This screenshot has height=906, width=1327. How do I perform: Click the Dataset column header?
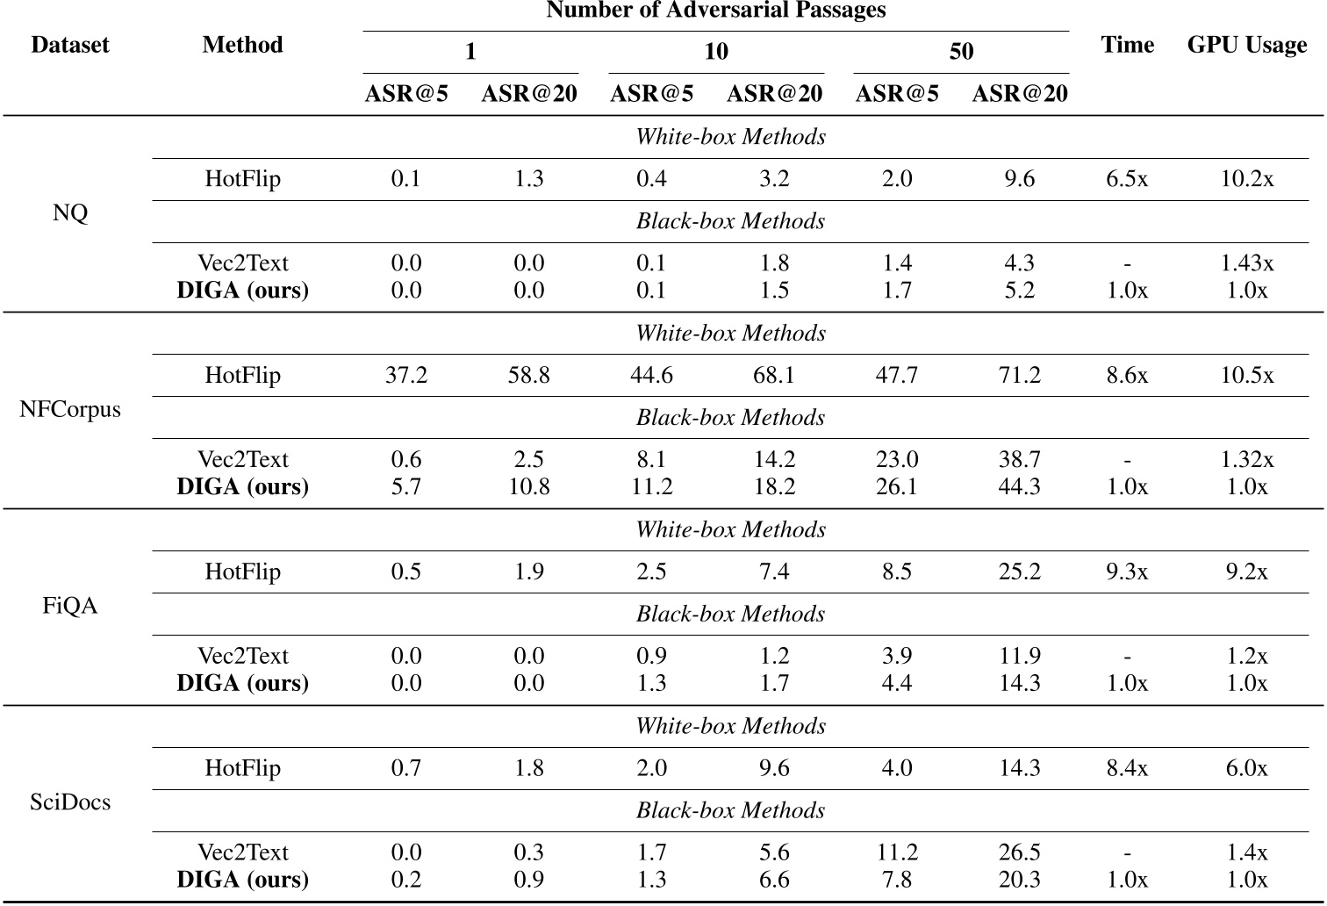(x=69, y=46)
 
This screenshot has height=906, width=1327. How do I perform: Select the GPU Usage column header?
(x=1246, y=46)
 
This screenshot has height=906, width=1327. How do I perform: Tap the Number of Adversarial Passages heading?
(x=715, y=11)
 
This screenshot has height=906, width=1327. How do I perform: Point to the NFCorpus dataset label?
(x=70, y=410)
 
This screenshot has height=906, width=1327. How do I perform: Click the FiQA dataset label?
(x=70, y=607)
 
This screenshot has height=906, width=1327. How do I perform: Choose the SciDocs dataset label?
(x=70, y=802)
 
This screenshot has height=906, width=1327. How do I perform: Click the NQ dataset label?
(x=70, y=213)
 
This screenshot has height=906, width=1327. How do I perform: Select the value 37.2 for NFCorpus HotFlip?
(x=406, y=376)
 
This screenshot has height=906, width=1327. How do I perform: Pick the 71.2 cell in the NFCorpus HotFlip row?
(x=1019, y=376)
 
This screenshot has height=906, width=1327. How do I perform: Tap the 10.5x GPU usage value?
(x=1246, y=376)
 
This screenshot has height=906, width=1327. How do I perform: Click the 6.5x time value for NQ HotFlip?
(x=1127, y=179)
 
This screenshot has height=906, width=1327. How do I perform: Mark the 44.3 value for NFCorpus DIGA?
(x=1019, y=487)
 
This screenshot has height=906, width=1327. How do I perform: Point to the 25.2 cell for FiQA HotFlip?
(x=1019, y=572)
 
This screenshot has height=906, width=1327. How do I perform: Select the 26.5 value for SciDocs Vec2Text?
(x=1019, y=852)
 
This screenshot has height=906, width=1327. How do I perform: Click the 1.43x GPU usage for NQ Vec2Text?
(x=1246, y=263)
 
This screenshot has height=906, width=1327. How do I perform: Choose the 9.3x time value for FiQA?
(x=1127, y=572)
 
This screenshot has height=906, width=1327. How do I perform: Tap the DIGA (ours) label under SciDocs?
(x=242, y=880)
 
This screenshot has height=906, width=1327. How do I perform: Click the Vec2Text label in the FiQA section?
(x=242, y=656)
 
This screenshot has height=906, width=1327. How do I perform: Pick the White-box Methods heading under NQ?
(x=730, y=137)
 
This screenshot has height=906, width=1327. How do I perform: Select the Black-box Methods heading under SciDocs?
(x=730, y=810)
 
